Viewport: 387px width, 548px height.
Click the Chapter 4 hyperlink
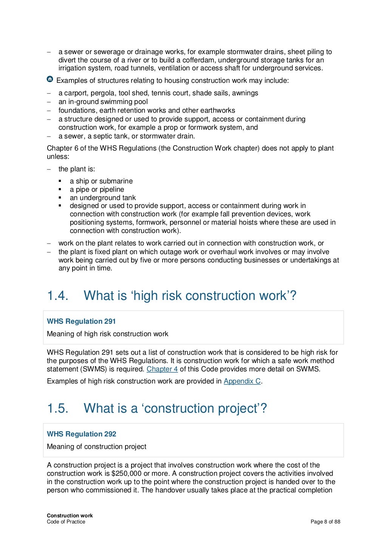point(162,369)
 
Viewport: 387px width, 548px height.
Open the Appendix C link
point(242,381)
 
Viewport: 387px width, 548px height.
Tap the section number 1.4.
point(57,296)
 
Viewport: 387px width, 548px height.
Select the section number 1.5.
point(57,408)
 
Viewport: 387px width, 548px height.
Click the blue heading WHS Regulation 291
point(81,321)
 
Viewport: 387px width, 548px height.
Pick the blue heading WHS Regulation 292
point(81,434)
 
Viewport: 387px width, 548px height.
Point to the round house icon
point(50,79)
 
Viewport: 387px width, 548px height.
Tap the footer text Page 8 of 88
point(325,522)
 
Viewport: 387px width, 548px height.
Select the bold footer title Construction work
point(70,515)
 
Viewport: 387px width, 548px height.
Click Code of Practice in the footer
point(66,522)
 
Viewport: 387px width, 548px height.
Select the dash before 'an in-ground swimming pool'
point(49,102)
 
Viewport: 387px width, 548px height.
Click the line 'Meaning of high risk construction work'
point(107,334)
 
